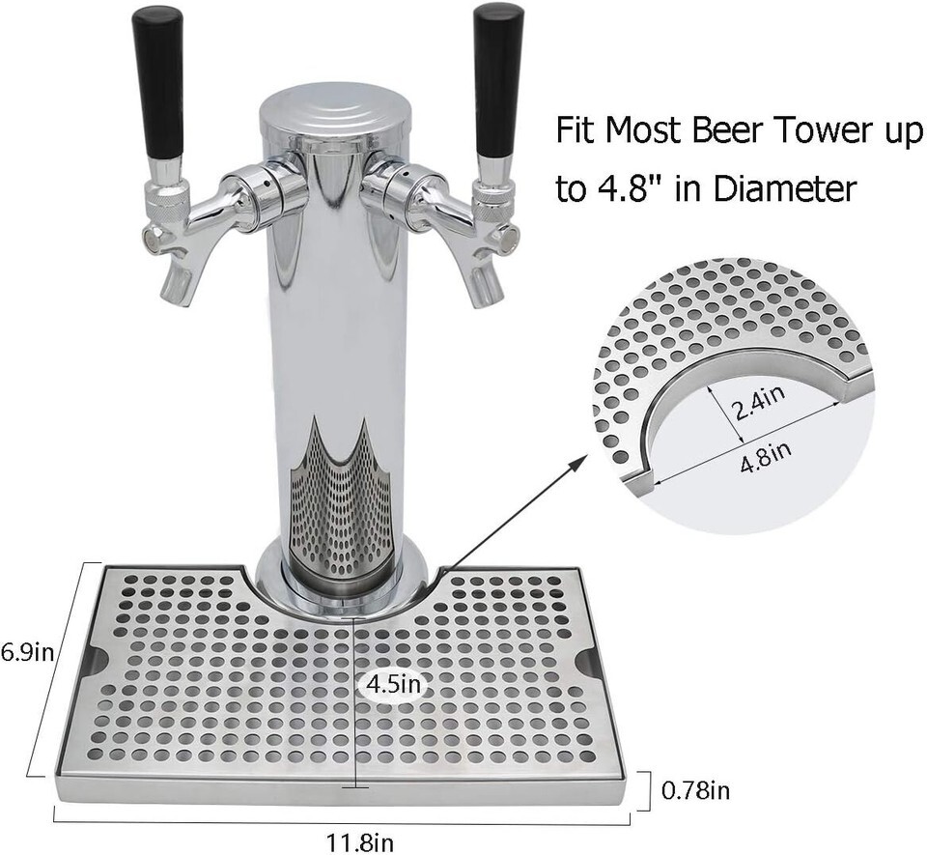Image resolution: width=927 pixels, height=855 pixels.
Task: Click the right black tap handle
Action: point(497,81)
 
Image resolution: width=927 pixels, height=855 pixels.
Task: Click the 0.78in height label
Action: point(696,793)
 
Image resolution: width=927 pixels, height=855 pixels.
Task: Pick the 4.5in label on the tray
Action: point(391,684)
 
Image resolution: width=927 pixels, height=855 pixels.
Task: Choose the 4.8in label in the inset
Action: point(764,449)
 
